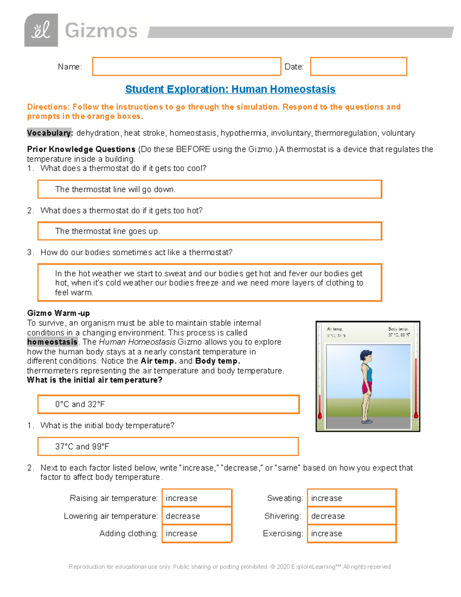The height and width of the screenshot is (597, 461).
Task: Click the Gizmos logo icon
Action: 41,30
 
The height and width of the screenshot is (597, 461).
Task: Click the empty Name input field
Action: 186,67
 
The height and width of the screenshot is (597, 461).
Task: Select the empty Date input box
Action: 358,67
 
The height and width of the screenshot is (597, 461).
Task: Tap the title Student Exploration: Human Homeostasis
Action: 230,89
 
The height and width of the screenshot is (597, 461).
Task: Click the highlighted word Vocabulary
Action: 49,133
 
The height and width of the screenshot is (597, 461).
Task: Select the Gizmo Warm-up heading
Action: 58,313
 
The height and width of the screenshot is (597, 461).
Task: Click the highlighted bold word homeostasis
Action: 52,342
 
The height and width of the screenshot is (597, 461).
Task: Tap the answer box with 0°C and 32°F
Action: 168,404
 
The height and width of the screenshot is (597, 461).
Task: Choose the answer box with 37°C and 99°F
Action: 168,446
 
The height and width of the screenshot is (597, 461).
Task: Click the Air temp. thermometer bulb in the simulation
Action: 320,416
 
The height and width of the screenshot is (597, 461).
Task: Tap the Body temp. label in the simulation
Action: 398,329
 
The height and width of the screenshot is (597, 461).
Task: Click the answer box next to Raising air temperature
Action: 197,498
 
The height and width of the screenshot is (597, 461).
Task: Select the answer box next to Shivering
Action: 352,516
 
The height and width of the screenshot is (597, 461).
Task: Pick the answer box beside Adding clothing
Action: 197,534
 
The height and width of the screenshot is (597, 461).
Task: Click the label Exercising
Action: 283,534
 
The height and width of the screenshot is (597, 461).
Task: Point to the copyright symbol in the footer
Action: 273,567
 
